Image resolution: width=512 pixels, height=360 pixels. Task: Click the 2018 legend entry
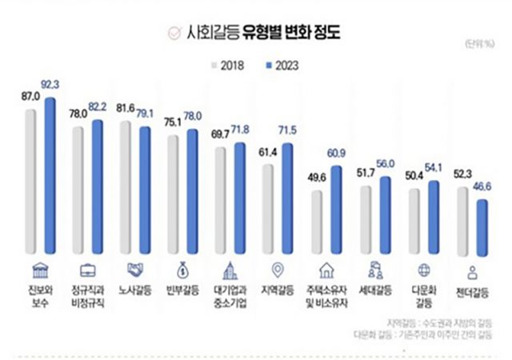point(229,64)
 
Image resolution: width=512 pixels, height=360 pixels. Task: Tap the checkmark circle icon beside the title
point(171,34)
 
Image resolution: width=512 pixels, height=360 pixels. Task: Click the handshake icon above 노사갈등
point(135,268)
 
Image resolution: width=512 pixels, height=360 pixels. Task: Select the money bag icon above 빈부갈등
point(182,268)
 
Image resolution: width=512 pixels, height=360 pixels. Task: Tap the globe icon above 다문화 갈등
point(423,268)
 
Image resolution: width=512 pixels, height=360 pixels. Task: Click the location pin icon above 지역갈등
point(278,268)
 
